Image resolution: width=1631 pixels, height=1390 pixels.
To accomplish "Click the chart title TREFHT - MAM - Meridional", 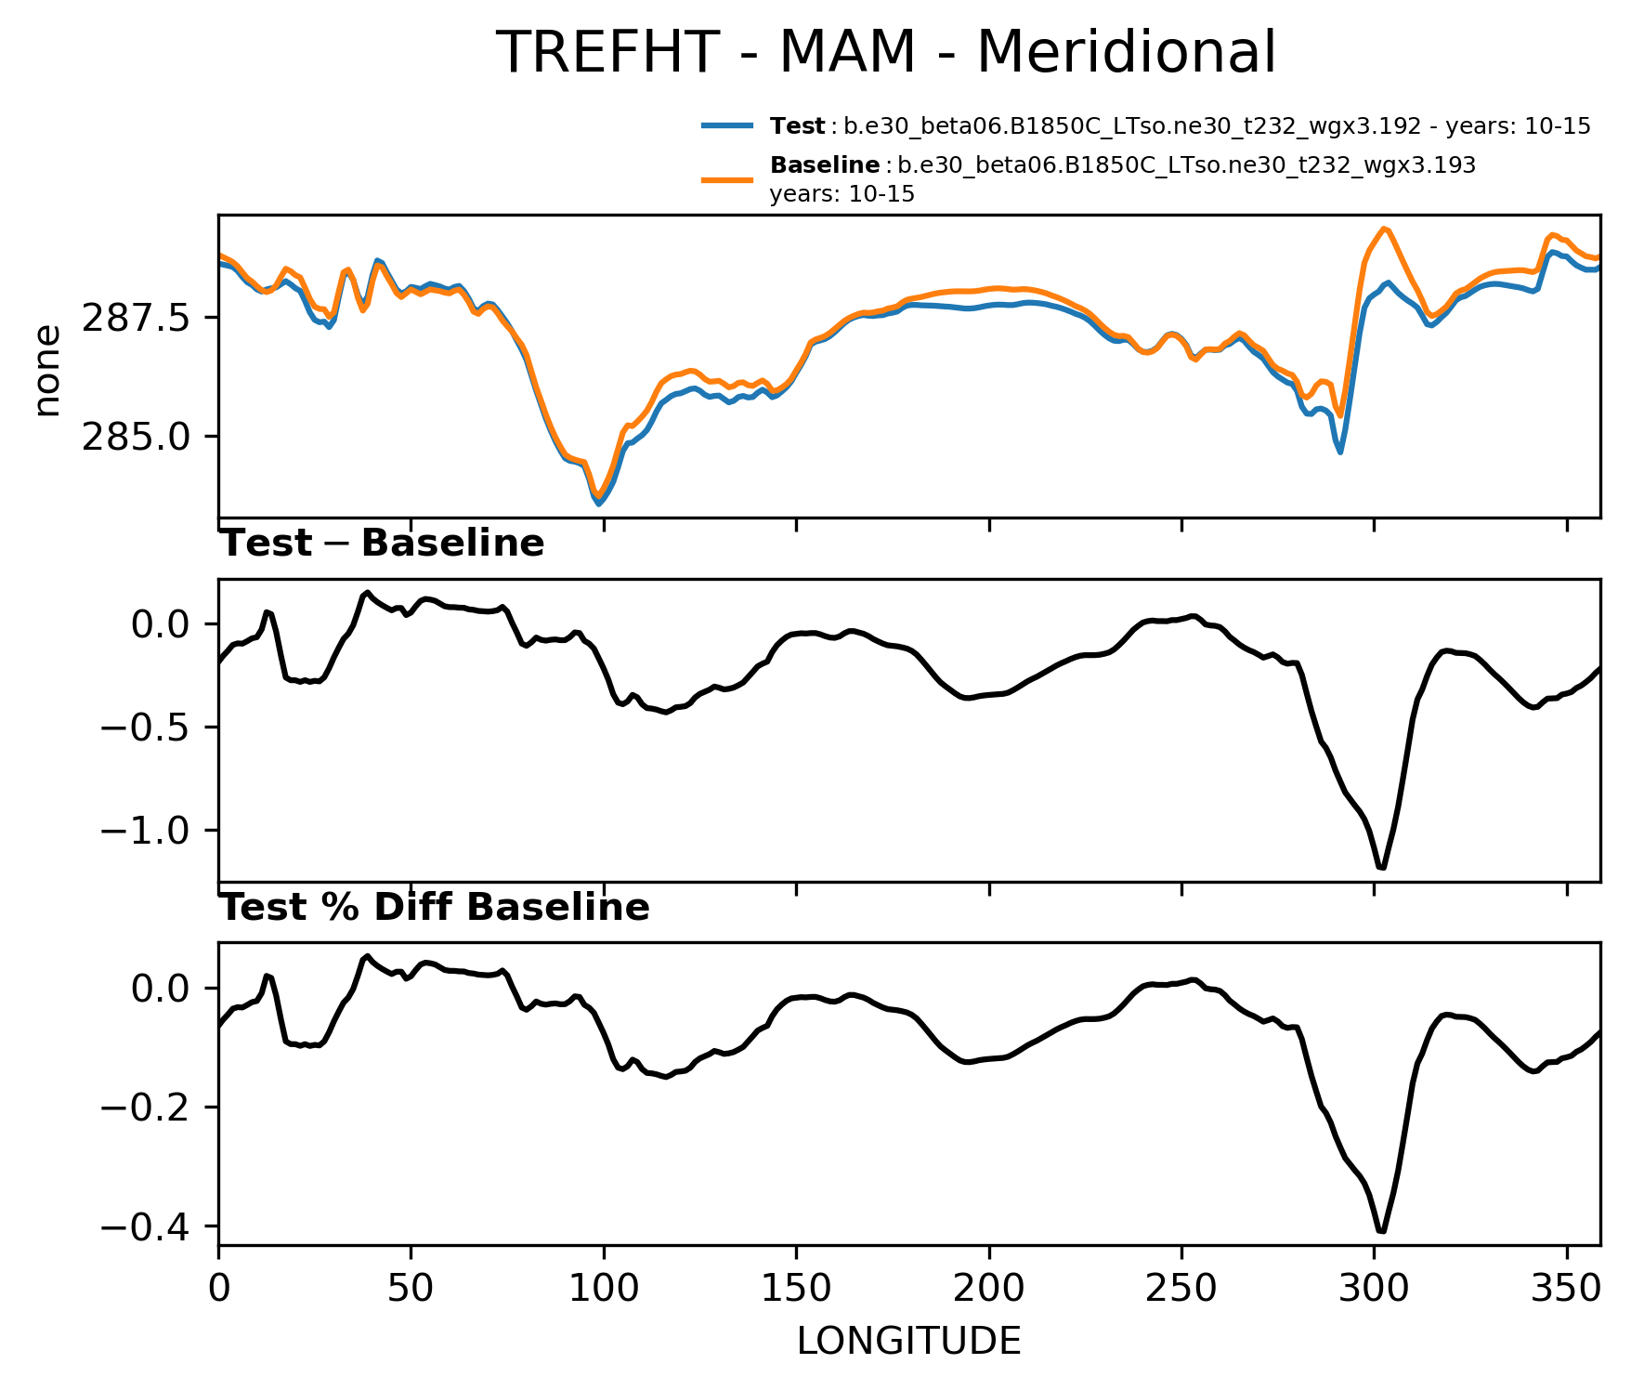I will (x=886, y=52).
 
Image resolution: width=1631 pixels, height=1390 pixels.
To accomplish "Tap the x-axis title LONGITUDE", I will (x=908, y=1342).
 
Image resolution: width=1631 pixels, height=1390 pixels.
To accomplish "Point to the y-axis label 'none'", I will (x=46, y=371).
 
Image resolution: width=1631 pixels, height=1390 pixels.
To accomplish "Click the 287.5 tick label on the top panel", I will (x=136, y=319).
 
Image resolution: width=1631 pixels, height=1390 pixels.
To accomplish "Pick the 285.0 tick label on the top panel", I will (x=136, y=437).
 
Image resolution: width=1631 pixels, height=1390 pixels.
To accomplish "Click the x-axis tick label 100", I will (x=604, y=1289).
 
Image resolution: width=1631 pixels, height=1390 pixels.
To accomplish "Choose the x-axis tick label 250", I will (x=1181, y=1289).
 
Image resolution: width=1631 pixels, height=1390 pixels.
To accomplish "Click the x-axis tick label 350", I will (x=1567, y=1289).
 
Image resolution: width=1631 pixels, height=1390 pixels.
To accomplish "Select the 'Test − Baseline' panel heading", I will (x=382, y=544).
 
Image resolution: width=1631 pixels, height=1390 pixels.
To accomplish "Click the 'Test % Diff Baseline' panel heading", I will (x=434, y=908).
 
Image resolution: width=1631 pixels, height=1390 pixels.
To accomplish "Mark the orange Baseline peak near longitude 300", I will (x=1384, y=229).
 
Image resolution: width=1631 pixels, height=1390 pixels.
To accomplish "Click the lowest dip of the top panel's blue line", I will (x=599, y=504).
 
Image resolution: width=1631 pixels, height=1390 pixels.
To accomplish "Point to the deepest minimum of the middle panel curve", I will (x=1382, y=868).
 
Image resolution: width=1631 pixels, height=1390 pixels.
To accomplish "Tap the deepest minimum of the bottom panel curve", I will (x=1382, y=1232).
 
